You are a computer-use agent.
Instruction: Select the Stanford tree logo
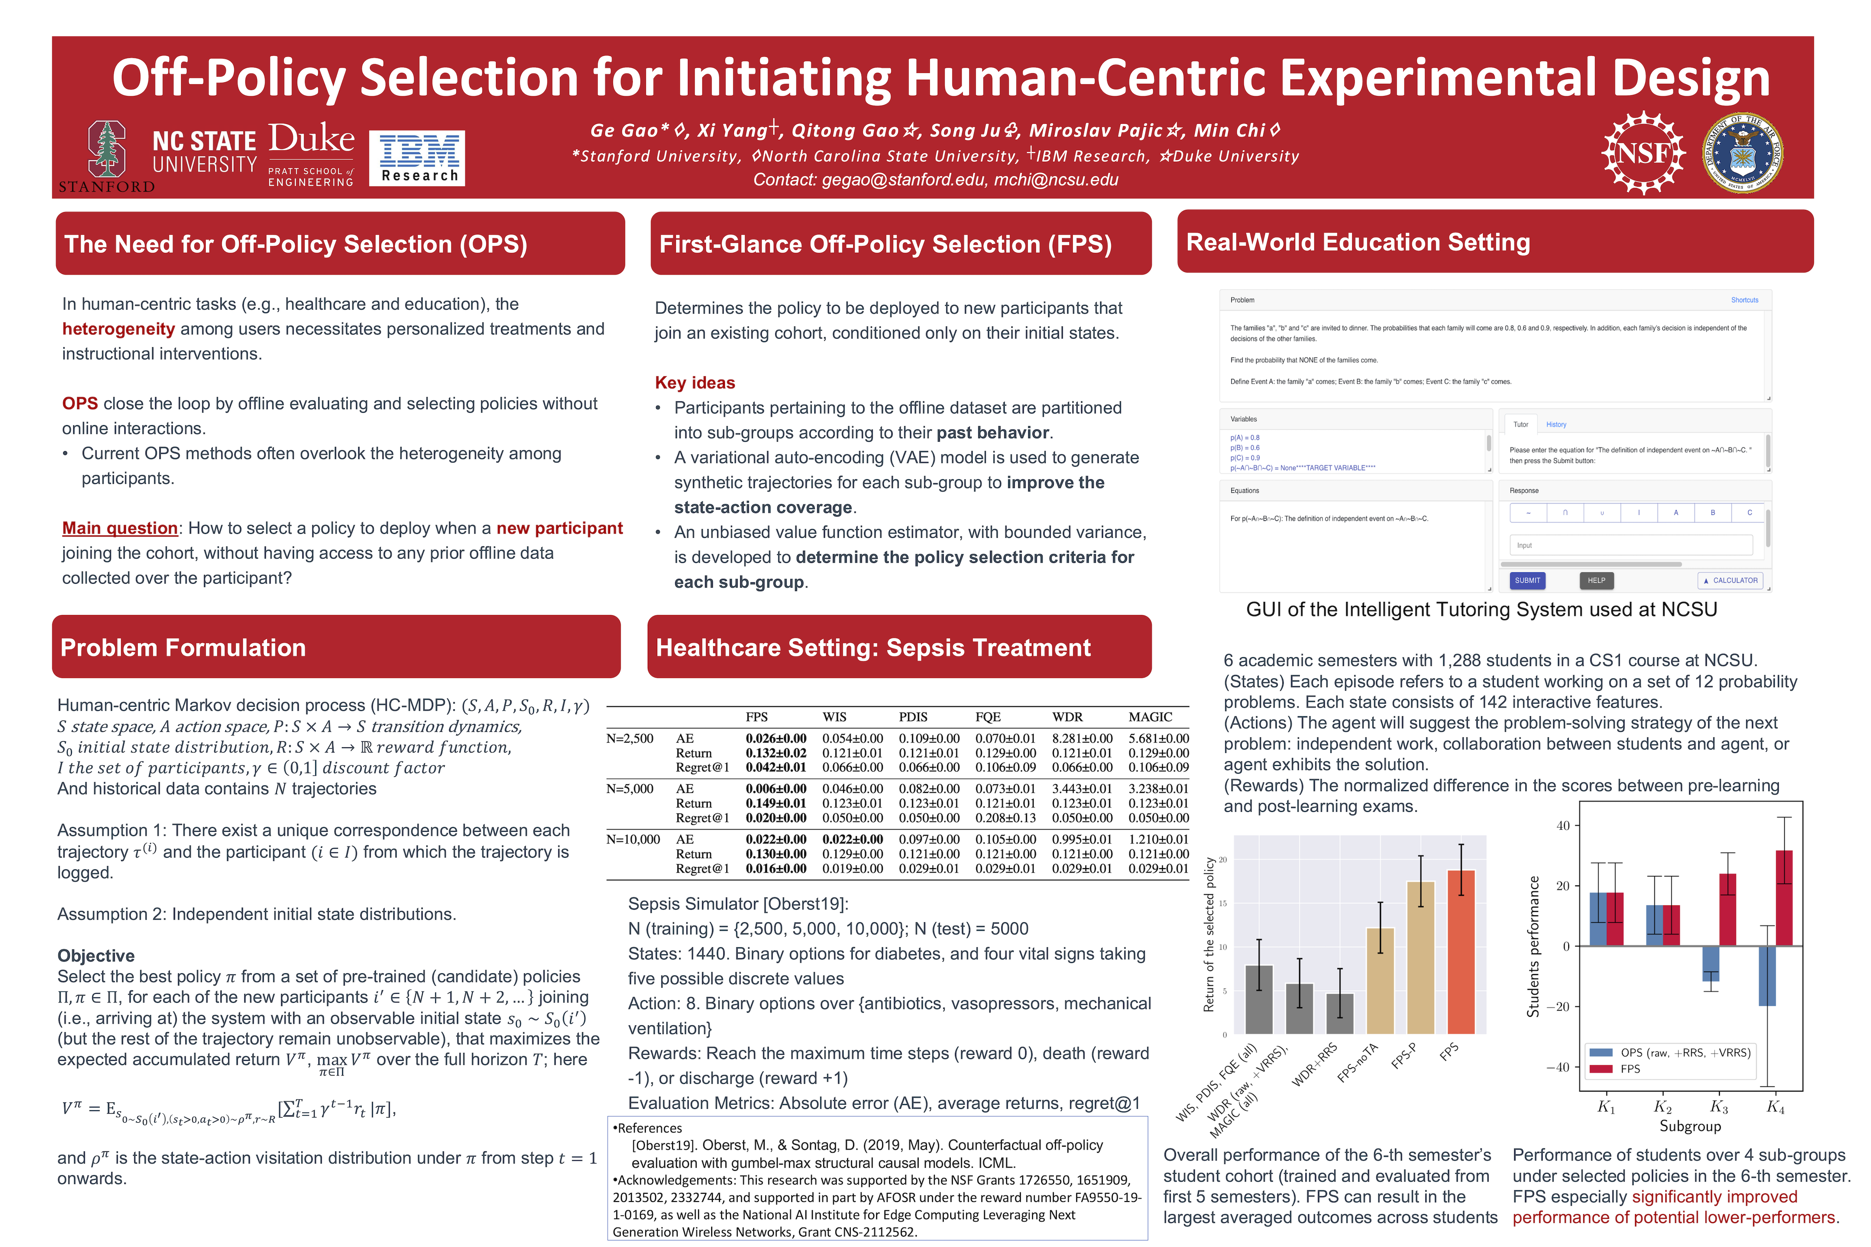click(x=107, y=149)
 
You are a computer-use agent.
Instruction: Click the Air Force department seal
click(x=1742, y=153)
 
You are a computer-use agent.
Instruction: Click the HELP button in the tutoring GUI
click(x=1596, y=581)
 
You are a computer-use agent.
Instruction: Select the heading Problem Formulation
click(x=183, y=647)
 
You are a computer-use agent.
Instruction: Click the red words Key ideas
click(x=694, y=382)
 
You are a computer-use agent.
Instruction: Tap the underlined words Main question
click(x=120, y=528)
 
